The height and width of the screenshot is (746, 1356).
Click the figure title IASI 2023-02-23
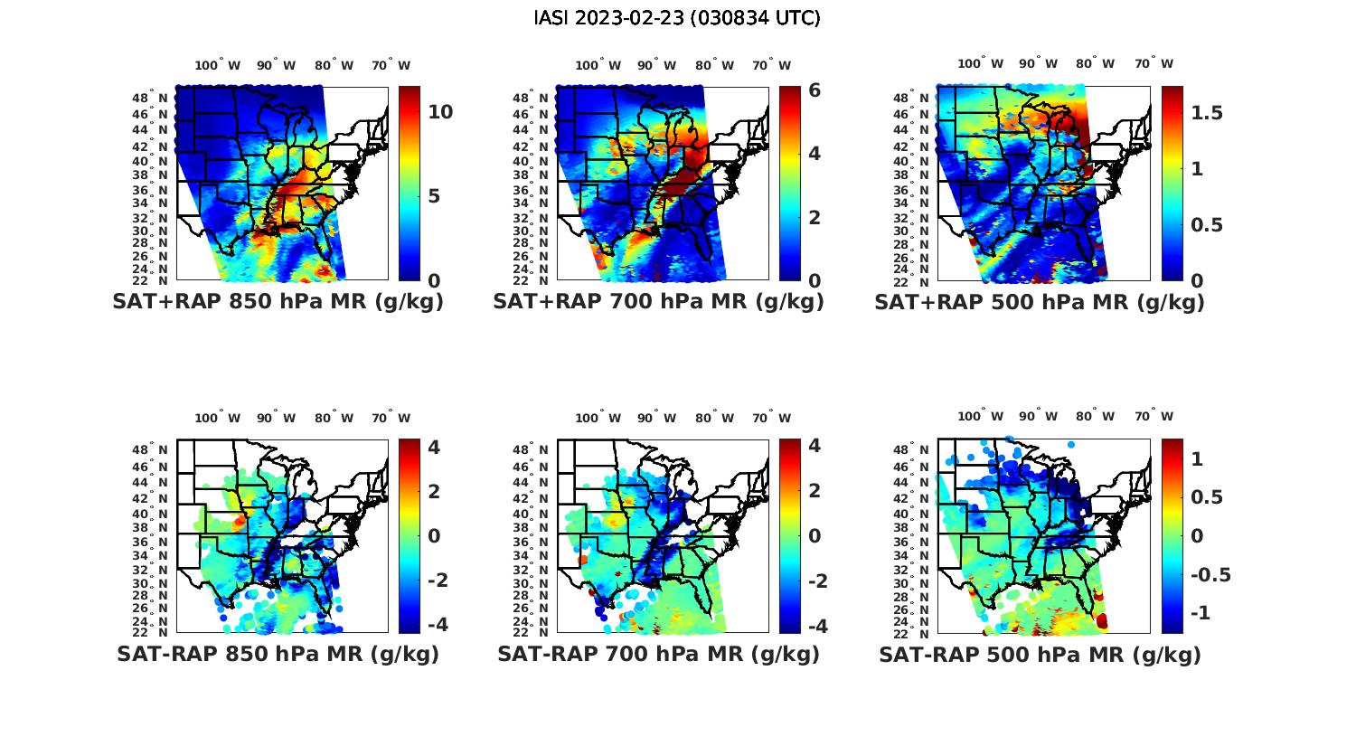(x=677, y=18)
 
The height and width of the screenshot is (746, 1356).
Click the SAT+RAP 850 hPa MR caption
(x=278, y=302)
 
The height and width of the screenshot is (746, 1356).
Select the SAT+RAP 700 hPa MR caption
(x=658, y=302)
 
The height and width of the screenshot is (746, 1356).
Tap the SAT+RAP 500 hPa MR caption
(x=1040, y=302)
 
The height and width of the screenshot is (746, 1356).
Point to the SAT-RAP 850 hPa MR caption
(x=278, y=654)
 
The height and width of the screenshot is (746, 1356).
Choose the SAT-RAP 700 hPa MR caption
(x=658, y=654)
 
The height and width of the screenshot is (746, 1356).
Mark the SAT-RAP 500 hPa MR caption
(x=1040, y=654)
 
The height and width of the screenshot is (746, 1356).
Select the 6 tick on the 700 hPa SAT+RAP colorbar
(x=815, y=90)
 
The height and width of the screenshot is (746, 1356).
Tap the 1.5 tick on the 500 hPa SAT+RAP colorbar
(x=1207, y=113)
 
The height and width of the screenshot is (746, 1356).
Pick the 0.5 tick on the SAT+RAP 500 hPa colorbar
(x=1207, y=225)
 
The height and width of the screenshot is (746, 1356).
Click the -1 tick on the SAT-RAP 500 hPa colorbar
(x=1197, y=613)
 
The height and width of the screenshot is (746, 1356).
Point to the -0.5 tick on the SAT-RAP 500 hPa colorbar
(x=1210, y=575)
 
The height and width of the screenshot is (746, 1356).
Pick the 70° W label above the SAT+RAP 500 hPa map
(x=1154, y=64)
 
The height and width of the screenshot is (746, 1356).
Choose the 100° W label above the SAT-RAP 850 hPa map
(x=218, y=418)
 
